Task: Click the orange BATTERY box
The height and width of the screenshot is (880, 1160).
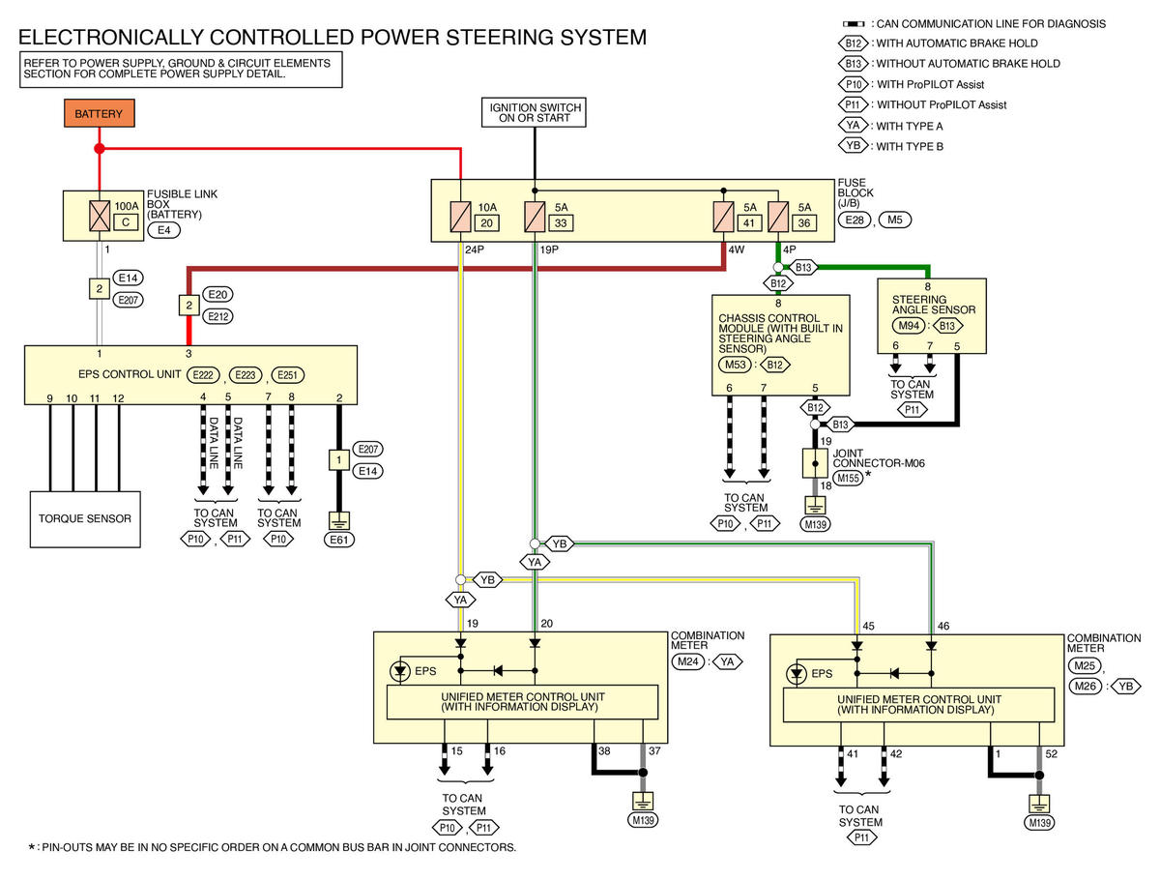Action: pos(99,112)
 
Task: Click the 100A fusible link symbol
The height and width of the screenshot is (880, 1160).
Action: pos(99,215)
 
